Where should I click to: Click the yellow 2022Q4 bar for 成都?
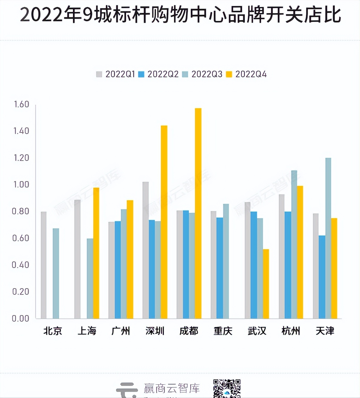[198, 213]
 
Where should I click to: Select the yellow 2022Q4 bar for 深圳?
[164, 222]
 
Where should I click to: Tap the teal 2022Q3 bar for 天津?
[328, 238]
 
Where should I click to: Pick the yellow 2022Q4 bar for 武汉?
[266, 284]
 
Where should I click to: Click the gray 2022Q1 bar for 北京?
[44, 265]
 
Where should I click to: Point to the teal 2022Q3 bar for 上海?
[90, 278]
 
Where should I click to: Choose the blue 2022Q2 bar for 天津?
[322, 277]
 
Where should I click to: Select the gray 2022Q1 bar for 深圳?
[146, 250]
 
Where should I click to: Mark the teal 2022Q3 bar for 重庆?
[226, 261]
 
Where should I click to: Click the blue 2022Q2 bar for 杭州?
[288, 265]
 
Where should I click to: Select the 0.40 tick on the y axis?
[21, 265]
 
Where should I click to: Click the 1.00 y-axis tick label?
[21, 184]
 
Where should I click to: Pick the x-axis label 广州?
[120, 331]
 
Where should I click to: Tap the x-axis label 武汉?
[257, 331]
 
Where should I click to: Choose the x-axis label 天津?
[325, 331]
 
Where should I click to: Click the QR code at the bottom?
[227, 388]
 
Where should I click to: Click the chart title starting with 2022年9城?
[180, 15]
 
